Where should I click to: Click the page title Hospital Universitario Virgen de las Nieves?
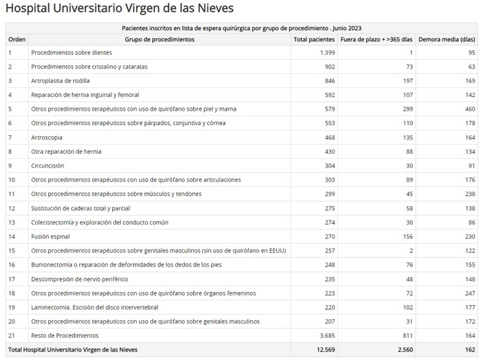click(120, 9)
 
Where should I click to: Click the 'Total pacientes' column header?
click(313, 40)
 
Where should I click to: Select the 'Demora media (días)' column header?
click(447, 40)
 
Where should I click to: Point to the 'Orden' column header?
click(16, 40)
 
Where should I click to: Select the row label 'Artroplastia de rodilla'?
click(60, 81)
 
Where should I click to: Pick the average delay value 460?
click(469, 109)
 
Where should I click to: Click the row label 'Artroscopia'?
click(47, 137)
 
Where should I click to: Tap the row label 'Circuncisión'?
click(47, 166)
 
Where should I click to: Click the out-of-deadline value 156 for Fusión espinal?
click(407, 236)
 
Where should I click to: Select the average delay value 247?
click(469, 293)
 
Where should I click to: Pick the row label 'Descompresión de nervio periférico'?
click(80, 279)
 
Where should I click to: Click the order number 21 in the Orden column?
click(11, 335)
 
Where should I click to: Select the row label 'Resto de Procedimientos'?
click(65, 335)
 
